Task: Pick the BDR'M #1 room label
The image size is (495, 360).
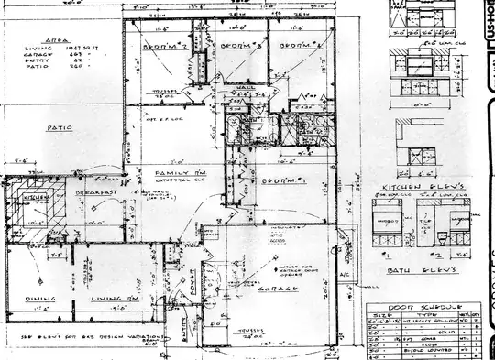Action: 280,184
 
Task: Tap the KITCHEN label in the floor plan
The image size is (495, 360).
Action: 36,197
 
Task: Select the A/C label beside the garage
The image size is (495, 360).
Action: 346,276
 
